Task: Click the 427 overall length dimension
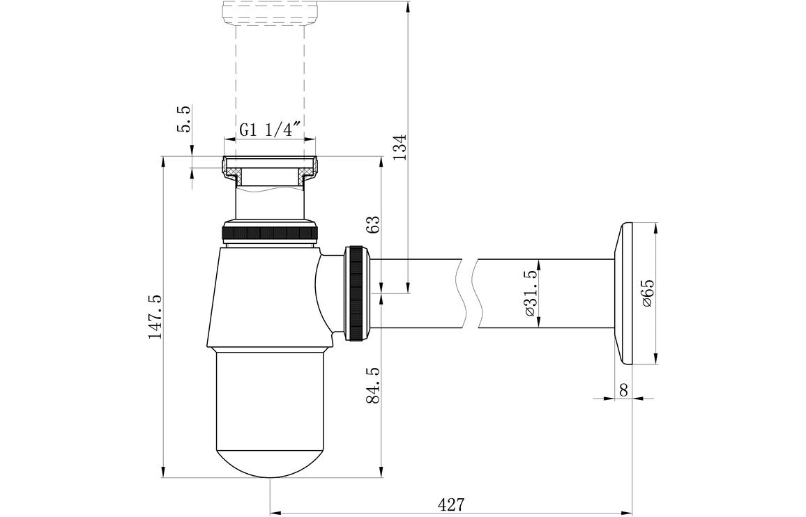tap(450, 503)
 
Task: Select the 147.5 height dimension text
tap(154, 317)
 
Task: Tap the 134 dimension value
tap(398, 147)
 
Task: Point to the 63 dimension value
tap(373, 224)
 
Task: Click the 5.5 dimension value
tap(184, 119)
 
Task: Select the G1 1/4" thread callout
tap(269, 130)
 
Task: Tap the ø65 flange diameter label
tap(648, 293)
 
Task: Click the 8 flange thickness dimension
tap(623, 390)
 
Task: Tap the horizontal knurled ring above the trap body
tap(270, 232)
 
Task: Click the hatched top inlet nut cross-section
tap(230, 168)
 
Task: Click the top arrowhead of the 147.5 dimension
tap(163, 163)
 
